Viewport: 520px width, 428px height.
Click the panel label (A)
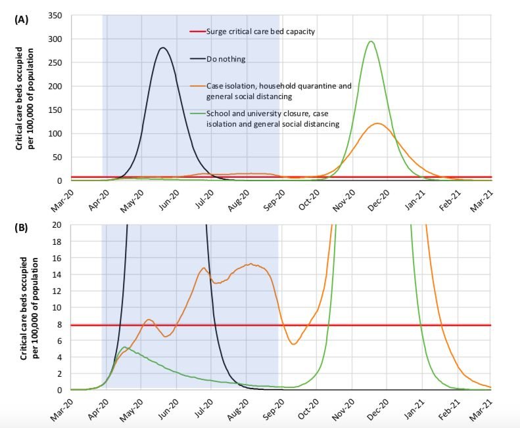click(22, 20)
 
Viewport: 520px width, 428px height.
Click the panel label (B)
click(22, 228)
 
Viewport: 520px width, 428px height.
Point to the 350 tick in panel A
click(55, 16)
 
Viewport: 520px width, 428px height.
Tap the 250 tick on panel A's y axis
click(55, 62)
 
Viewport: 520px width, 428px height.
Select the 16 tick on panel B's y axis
click(57, 258)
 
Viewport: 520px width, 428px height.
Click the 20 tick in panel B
click(57, 225)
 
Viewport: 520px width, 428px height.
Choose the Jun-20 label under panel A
click(169, 200)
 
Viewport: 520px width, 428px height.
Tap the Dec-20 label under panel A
click(379, 200)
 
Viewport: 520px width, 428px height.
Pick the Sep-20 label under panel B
click(273, 410)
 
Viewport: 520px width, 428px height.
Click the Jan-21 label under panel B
click(415, 410)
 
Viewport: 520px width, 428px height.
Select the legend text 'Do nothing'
click(226, 59)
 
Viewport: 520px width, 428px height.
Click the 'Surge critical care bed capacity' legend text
click(261, 32)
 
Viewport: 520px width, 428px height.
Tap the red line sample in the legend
click(198, 32)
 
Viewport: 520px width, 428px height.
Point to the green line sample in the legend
click(198, 114)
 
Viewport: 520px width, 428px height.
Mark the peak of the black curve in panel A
click(162, 48)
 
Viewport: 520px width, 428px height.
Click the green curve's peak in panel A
click(371, 41)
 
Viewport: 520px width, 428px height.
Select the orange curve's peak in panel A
click(378, 123)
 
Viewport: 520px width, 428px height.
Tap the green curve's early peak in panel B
click(125, 347)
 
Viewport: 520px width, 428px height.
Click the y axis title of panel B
click(29, 309)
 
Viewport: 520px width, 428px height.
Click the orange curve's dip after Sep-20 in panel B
click(293, 344)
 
